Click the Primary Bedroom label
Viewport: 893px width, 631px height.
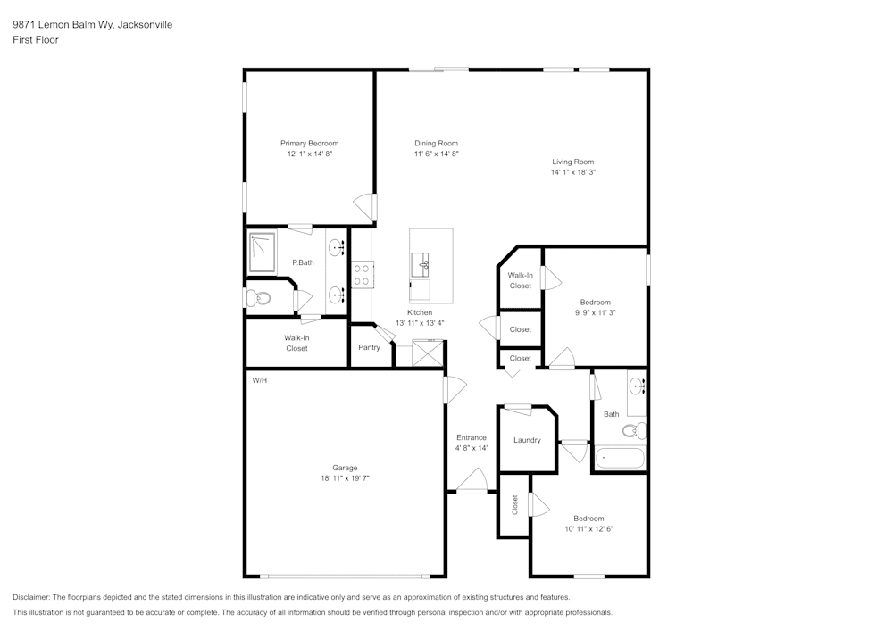tap(309, 143)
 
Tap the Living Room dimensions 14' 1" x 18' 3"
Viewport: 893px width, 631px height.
tap(572, 171)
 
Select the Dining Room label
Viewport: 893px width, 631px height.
tap(436, 143)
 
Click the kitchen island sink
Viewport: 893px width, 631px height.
tap(423, 264)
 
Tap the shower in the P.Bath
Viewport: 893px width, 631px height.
tap(263, 253)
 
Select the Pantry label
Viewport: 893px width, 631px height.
tap(369, 347)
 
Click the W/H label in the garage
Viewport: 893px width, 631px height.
tap(260, 380)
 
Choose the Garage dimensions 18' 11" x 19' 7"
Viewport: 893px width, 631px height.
tap(345, 478)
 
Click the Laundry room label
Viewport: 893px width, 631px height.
tap(527, 440)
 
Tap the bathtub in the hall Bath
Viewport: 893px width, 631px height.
tap(619, 459)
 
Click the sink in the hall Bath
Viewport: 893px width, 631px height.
tap(637, 387)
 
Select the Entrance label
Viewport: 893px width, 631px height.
tap(472, 437)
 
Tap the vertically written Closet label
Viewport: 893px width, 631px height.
tap(514, 505)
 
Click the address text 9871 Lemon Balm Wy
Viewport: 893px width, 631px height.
tap(63, 25)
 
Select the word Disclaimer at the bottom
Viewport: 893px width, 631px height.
tap(31, 597)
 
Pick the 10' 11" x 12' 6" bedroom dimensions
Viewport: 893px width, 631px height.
tap(588, 529)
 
